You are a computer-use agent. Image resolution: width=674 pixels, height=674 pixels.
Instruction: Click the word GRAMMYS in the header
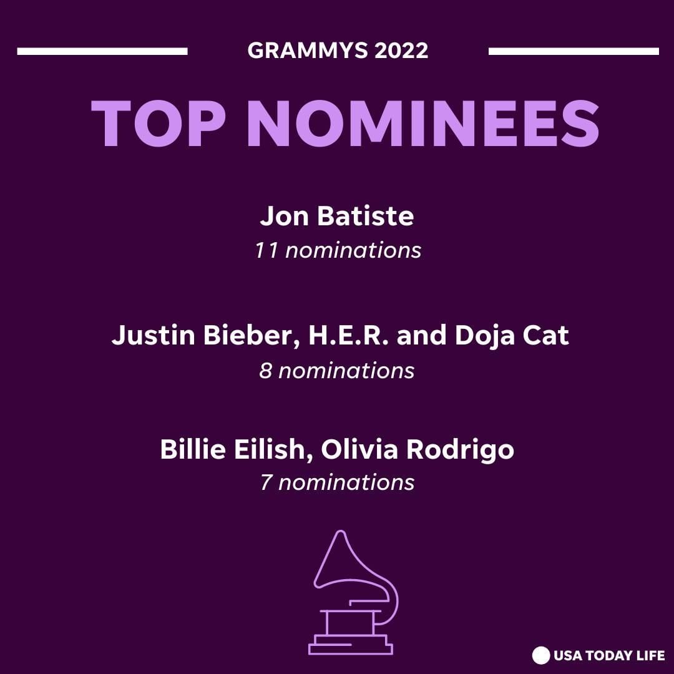point(307,51)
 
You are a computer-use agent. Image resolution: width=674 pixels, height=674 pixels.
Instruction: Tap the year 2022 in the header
point(401,51)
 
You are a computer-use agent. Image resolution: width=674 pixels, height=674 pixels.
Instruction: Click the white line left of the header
point(102,51)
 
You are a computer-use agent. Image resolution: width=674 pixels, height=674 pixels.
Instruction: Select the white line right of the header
point(574,51)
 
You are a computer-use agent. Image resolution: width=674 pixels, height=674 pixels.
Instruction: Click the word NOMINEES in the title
point(423,124)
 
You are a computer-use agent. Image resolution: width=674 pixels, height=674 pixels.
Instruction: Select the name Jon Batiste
point(336,216)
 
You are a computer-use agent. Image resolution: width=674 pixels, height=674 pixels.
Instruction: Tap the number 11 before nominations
point(266,251)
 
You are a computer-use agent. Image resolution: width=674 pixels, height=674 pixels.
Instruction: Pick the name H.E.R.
point(349,335)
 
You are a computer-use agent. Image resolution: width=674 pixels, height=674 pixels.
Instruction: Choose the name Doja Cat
point(512,335)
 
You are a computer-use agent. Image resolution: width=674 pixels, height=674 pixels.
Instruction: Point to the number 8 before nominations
point(266,371)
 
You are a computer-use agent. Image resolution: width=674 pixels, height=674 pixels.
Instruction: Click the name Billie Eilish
point(237,449)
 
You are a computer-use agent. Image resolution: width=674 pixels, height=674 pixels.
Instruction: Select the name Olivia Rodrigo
point(418,449)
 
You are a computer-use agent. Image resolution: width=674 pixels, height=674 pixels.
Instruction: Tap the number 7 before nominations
point(266,482)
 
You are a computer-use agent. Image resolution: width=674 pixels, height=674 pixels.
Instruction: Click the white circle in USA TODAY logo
point(540,655)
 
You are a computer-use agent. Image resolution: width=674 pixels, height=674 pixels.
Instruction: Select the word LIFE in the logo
point(651,655)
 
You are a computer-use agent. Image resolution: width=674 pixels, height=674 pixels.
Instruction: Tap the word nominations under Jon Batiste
point(353,251)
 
